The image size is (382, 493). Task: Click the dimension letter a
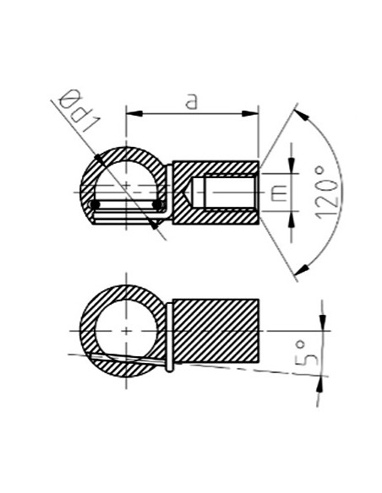[x=191, y=100]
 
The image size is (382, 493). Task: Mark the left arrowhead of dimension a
[x=132, y=112]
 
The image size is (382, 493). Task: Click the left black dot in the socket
[x=95, y=204]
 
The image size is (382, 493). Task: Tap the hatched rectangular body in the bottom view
[x=216, y=329]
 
